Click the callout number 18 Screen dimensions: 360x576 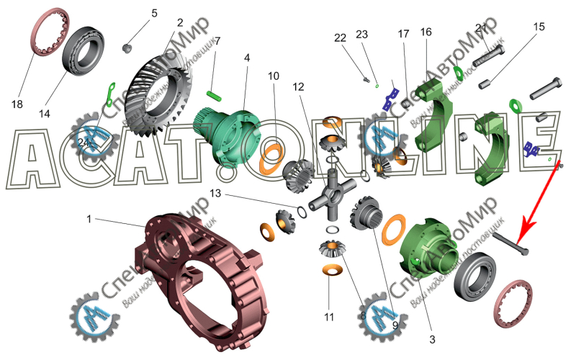point(17,104)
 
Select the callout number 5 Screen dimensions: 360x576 point(153,14)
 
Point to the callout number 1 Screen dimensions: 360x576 point(90,217)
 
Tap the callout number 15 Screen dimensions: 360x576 point(539,27)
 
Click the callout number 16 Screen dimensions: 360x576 point(426,32)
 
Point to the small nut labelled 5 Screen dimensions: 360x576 point(127,48)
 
